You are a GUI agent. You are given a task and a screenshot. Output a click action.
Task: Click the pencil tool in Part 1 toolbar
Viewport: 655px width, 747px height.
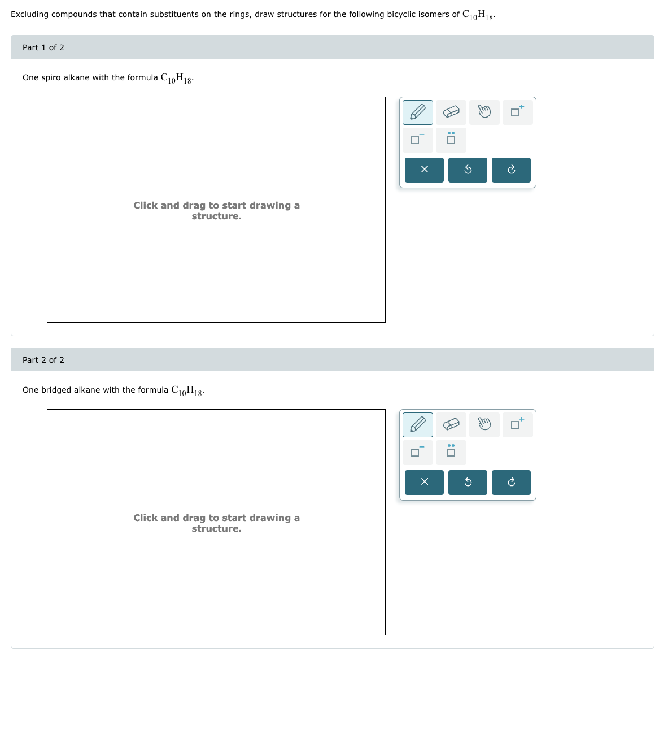click(418, 112)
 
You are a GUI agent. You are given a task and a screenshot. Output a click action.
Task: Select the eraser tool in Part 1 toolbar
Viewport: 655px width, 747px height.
click(451, 112)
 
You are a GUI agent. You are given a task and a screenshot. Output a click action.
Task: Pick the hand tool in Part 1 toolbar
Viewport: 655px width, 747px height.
click(484, 112)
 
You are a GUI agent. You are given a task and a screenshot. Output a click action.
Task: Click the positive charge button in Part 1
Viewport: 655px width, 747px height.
click(517, 112)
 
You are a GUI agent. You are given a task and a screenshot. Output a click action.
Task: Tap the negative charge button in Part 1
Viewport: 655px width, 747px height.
click(418, 140)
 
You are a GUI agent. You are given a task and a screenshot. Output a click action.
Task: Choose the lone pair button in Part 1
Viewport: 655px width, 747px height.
click(451, 140)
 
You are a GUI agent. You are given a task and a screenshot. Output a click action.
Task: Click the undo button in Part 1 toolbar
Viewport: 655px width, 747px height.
click(468, 170)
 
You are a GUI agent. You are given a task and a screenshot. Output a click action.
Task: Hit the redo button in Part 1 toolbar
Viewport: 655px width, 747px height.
click(511, 170)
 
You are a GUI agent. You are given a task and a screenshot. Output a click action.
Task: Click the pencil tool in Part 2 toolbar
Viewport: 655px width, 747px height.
click(418, 425)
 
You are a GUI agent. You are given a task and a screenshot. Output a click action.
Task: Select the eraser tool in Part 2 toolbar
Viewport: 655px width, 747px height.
click(451, 425)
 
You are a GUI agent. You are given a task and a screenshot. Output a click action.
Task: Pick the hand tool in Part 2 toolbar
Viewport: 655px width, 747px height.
click(484, 425)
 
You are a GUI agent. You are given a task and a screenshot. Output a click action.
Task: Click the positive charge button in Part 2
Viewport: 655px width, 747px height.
click(517, 425)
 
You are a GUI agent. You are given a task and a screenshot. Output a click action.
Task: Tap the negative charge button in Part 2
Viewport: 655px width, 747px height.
click(418, 452)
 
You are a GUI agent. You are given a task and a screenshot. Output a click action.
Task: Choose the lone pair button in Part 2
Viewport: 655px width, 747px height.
click(451, 452)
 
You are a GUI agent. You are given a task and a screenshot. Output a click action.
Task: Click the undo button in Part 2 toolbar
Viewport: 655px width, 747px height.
click(468, 483)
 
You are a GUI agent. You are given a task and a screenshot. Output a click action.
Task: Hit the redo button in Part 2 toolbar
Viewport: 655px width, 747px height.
click(511, 483)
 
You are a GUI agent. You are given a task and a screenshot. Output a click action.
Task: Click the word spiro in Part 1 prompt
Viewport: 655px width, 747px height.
click(51, 78)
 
